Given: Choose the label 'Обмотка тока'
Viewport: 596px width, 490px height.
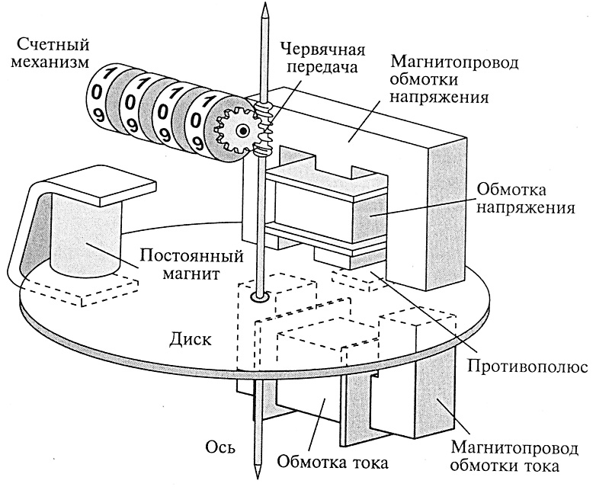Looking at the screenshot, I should pos(333,461).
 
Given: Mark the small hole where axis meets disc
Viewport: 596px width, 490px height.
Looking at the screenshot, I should pos(261,297).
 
